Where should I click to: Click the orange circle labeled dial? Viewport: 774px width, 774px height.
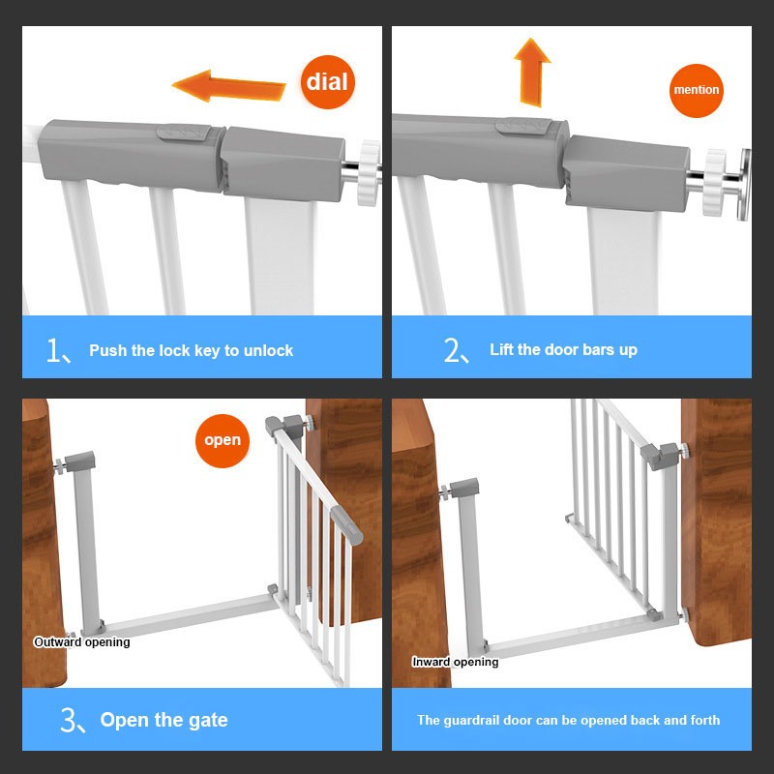(326, 79)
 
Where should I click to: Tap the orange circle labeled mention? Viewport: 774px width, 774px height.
(697, 90)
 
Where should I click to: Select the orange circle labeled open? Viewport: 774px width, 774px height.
(223, 440)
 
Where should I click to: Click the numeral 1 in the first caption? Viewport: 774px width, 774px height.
(53, 350)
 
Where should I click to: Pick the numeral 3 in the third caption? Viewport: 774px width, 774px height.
(68, 720)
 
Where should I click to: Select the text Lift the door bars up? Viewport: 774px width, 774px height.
(563, 350)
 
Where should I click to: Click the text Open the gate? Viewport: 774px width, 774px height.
(164, 720)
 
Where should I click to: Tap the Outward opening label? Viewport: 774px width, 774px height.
(81, 641)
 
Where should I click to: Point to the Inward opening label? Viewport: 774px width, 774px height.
(456, 662)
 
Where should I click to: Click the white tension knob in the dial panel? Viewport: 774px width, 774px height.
(369, 172)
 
